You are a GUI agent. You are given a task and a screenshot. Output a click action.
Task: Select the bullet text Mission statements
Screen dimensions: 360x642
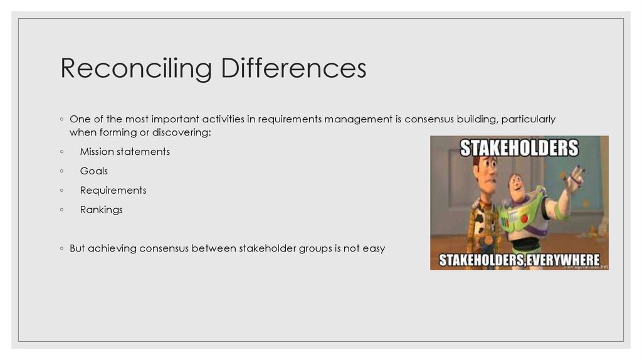125,152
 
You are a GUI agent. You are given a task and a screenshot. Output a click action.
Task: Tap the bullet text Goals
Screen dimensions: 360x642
94,171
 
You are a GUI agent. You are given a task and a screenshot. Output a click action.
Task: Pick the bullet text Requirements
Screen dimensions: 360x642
113,191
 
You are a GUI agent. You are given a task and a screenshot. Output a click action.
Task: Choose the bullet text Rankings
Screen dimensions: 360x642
102,210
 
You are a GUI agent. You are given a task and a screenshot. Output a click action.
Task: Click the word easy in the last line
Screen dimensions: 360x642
374,248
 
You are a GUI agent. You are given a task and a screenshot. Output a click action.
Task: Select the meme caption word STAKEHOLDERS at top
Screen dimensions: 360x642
519,148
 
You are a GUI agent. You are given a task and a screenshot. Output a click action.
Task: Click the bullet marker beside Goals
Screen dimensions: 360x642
61,171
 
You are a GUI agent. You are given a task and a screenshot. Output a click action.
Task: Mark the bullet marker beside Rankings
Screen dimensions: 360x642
61,210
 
